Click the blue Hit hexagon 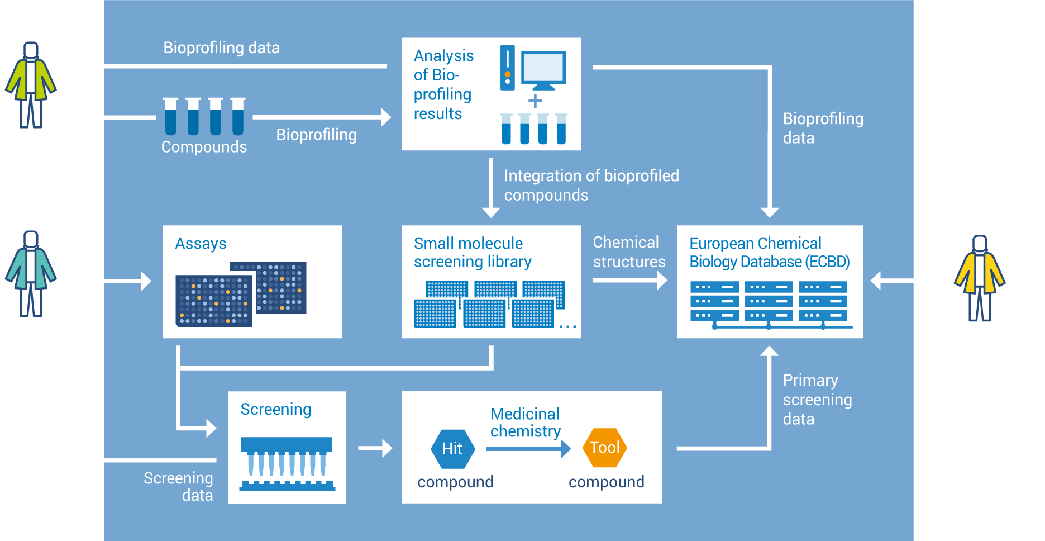point(452,448)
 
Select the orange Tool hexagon point(605,447)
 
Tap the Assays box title point(201,244)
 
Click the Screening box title point(275,409)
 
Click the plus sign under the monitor point(535,101)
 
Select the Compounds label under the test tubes point(204,147)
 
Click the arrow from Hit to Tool point(528,448)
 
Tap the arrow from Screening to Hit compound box point(375,448)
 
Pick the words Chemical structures point(629,252)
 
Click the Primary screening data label point(817,400)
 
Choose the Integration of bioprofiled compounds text point(591,186)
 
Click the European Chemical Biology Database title point(769,253)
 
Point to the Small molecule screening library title point(472,253)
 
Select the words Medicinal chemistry point(525,423)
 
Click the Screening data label point(179,486)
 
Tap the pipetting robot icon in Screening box point(287,464)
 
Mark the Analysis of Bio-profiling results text point(443,84)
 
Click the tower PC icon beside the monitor point(507,68)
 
